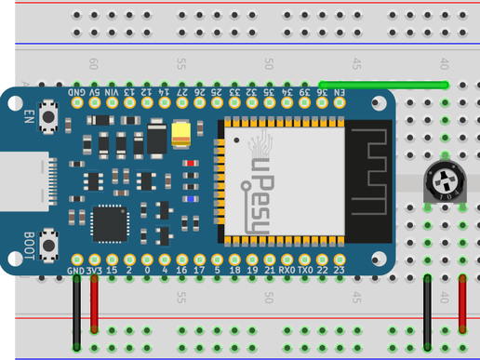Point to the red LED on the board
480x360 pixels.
(192, 164)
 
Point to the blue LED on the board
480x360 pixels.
(192, 198)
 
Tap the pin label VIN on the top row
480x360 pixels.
(112, 94)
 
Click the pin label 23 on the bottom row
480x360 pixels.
(339, 271)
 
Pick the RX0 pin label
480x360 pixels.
(287, 271)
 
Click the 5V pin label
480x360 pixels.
(94, 94)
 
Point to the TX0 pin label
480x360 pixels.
(304, 271)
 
